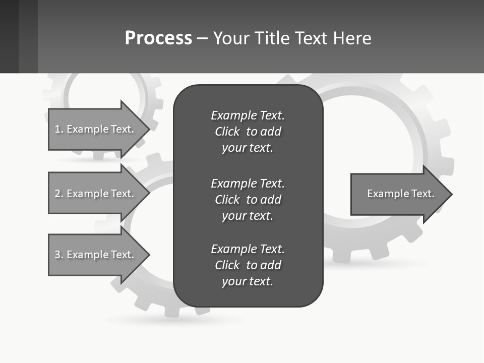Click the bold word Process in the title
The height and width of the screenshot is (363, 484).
tap(158, 38)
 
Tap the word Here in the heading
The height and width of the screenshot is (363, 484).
tap(351, 38)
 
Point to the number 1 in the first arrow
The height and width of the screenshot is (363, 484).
tap(57, 129)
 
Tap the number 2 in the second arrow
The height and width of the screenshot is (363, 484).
tap(57, 194)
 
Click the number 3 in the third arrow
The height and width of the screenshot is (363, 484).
tap(57, 255)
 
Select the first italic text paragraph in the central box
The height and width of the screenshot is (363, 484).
tap(248, 132)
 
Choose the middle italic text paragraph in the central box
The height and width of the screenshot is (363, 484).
tap(248, 199)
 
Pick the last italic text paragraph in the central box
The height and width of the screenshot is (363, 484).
tap(248, 265)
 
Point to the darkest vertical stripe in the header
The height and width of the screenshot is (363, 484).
tap(9, 36)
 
